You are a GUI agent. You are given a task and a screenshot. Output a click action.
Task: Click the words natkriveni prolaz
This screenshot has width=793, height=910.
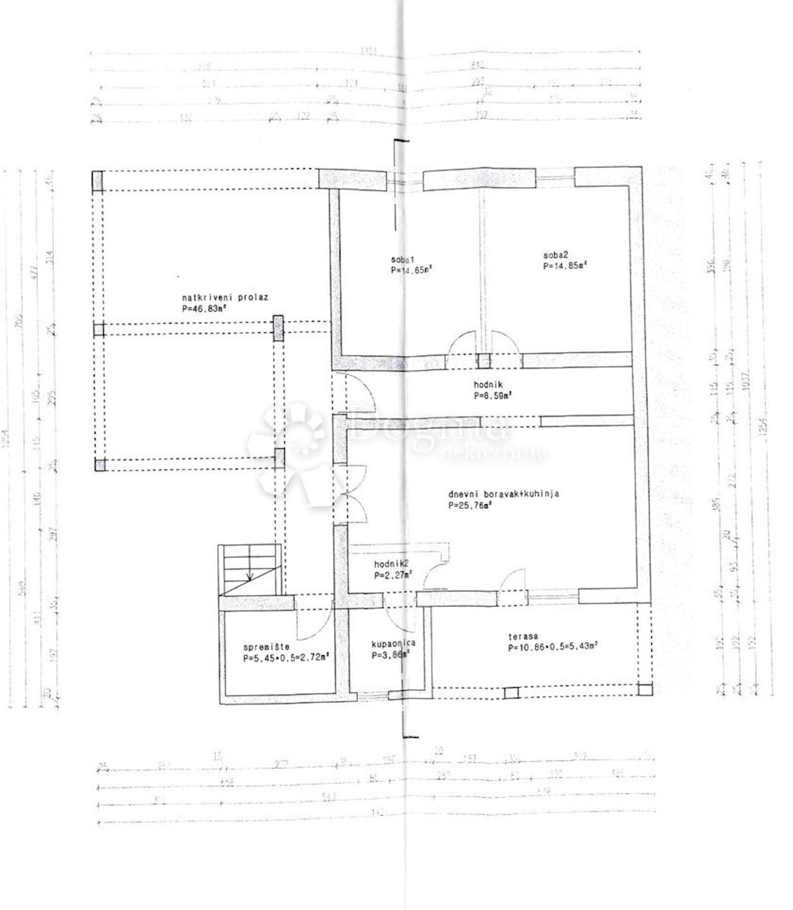click(224, 298)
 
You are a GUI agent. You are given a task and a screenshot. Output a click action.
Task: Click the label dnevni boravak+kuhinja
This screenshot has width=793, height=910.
click(503, 494)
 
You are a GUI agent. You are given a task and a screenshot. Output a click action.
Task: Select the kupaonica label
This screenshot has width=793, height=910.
click(393, 645)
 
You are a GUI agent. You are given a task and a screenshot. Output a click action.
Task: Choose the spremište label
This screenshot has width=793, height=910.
click(263, 648)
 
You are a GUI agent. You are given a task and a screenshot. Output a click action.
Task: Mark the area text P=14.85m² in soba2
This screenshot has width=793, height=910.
click(565, 266)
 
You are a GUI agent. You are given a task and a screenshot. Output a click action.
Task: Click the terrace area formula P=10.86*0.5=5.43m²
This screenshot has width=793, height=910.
click(553, 648)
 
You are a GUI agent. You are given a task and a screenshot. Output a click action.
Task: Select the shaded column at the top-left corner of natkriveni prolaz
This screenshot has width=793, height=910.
click(97, 180)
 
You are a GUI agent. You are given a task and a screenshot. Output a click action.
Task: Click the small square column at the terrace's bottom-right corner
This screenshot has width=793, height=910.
click(644, 689)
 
